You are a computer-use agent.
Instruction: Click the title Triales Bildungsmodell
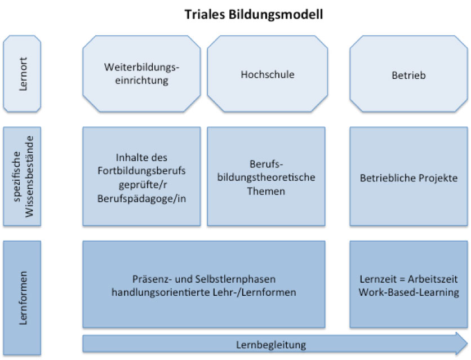click(x=254, y=14)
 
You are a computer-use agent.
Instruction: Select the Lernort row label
click(x=22, y=73)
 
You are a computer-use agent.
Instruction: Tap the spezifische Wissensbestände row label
click(x=22, y=176)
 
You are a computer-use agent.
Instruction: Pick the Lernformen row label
click(x=22, y=298)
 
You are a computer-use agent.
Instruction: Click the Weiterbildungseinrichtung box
click(x=141, y=74)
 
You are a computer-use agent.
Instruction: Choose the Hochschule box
click(x=267, y=74)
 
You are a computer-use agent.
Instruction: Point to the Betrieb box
click(x=408, y=74)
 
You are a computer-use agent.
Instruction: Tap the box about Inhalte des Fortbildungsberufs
click(x=141, y=177)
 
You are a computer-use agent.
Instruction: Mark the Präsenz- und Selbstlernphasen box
click(x=204, y=285)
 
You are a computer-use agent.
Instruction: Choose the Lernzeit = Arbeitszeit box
click(x=408, y=285)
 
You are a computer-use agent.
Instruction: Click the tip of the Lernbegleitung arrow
click(x=466, y=343)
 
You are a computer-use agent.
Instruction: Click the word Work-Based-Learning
click(x=408, y=292)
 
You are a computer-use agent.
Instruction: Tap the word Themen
click(x=267, y=192)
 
